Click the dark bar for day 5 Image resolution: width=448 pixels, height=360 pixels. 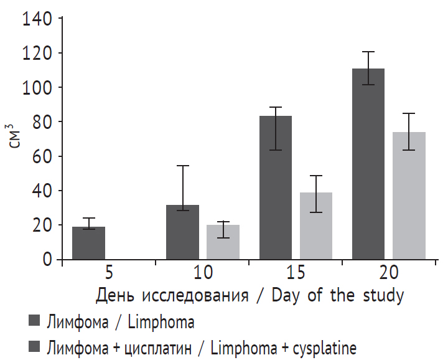click(x=88, y=244)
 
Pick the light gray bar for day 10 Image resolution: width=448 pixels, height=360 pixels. click(x=222, y=242)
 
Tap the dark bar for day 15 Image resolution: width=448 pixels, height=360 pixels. click(x=276, y=187)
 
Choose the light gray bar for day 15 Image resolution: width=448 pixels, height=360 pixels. click(x=315, y=225)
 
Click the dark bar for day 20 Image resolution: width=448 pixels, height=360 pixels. click(x=368, y=164)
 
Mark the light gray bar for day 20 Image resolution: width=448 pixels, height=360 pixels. click(x=409, y=196)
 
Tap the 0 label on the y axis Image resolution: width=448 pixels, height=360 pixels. click(x=48, y=259)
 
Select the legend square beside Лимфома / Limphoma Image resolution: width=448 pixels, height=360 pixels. click(x=35, y=321)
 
